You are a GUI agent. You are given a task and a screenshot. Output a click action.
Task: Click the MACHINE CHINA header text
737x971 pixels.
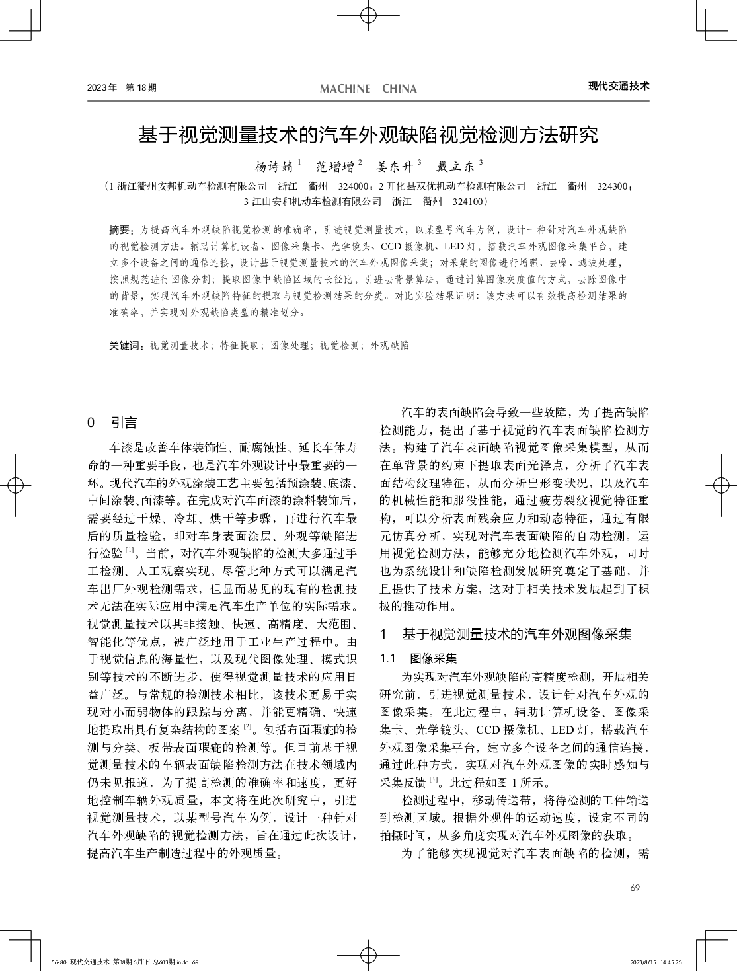click(x=368, y=89)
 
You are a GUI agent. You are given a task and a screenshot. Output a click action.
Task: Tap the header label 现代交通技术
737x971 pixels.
click(x=619, y=86)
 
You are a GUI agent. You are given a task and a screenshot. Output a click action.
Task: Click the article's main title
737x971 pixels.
click(x=368, y=135)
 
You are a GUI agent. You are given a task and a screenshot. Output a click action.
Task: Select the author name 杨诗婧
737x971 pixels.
click(x=274, y=165)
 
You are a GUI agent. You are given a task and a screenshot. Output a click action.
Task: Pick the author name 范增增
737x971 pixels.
click(x=334, y=165)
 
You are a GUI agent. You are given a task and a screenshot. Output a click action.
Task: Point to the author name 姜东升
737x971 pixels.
click(x=395, y=165)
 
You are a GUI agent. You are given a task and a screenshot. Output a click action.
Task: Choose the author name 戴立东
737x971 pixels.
click(x=455, y=165)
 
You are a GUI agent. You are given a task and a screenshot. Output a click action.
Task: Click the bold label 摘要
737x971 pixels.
click(x=120, y=230)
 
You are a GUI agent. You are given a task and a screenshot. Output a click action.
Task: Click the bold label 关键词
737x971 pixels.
click(x=126, y=345)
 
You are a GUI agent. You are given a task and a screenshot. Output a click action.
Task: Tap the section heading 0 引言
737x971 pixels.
click(x=112, y=422)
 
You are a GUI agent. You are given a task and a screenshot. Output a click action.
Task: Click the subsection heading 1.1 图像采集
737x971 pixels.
click(x=418, y=658)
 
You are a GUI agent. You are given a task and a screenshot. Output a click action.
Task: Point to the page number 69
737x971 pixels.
click(x=635, y=888)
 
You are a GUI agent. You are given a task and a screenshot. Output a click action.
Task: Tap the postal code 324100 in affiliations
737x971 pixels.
click(x=469, y=201)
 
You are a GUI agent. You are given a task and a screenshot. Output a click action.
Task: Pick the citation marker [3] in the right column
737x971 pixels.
click(x=434, y=779)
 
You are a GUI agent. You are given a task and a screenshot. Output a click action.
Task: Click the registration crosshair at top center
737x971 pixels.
click(x=368, y=16)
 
